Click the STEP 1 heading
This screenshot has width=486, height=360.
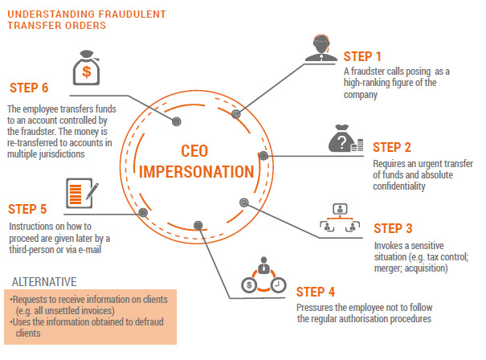point(362,56)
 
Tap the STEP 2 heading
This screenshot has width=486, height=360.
point(392,147)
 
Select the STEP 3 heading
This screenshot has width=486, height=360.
point(393,228)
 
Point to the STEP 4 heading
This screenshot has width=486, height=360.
point(315,292)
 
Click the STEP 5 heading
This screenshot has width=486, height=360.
point(27,209)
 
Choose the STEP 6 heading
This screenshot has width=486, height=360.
point(29,88)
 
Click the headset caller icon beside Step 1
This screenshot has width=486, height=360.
point(321,48)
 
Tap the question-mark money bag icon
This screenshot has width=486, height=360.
point(345,138)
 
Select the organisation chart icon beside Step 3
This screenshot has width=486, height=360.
point(340,218)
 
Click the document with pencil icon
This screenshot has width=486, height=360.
point(82,193)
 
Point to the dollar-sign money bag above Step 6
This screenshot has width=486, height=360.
point(87,67)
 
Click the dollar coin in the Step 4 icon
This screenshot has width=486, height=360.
point(249,284)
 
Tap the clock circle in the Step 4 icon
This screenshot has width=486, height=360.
point(278,284)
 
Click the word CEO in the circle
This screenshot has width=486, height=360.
point(194,151)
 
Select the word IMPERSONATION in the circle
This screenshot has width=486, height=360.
point(197,172)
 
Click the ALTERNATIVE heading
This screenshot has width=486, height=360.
point(44,282)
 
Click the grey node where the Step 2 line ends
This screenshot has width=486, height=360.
point(263,155)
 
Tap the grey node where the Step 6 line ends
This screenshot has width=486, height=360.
point(177,121)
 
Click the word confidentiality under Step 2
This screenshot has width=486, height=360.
point(399,186)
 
